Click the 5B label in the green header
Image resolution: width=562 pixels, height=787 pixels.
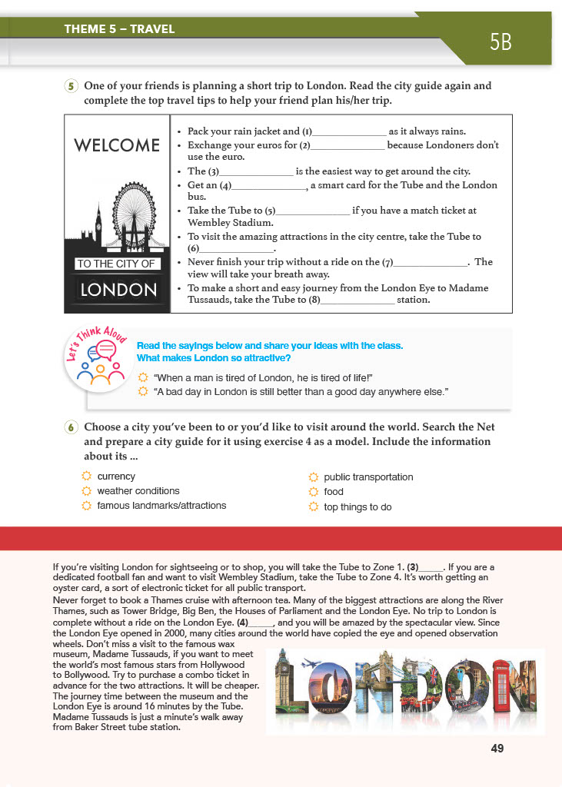pyautogui.click(x=500, y=42)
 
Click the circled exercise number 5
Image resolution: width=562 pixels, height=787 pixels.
pyautogui.click(x=71, y=86)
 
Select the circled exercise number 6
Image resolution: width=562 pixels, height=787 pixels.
pyautogui.click(x=71, y=427)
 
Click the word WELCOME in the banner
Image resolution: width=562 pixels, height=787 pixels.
pyautogui.click(x=117, y=144)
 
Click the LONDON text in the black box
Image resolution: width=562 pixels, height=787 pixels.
pyautogui.click(x=118, y=290)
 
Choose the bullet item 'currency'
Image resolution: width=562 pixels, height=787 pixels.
pyautogui.click(x=116, y=477)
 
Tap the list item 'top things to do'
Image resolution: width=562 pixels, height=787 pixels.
pyautogui.click(x=357, y=507)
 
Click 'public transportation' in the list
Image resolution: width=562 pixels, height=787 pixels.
pyautogui.click(x=368, y=477)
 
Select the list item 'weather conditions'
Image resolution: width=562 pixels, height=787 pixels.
pyautogui.click(x=138, y=491)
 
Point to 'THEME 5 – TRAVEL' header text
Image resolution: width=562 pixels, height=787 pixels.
pyautogui.click(x=120, y=30)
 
